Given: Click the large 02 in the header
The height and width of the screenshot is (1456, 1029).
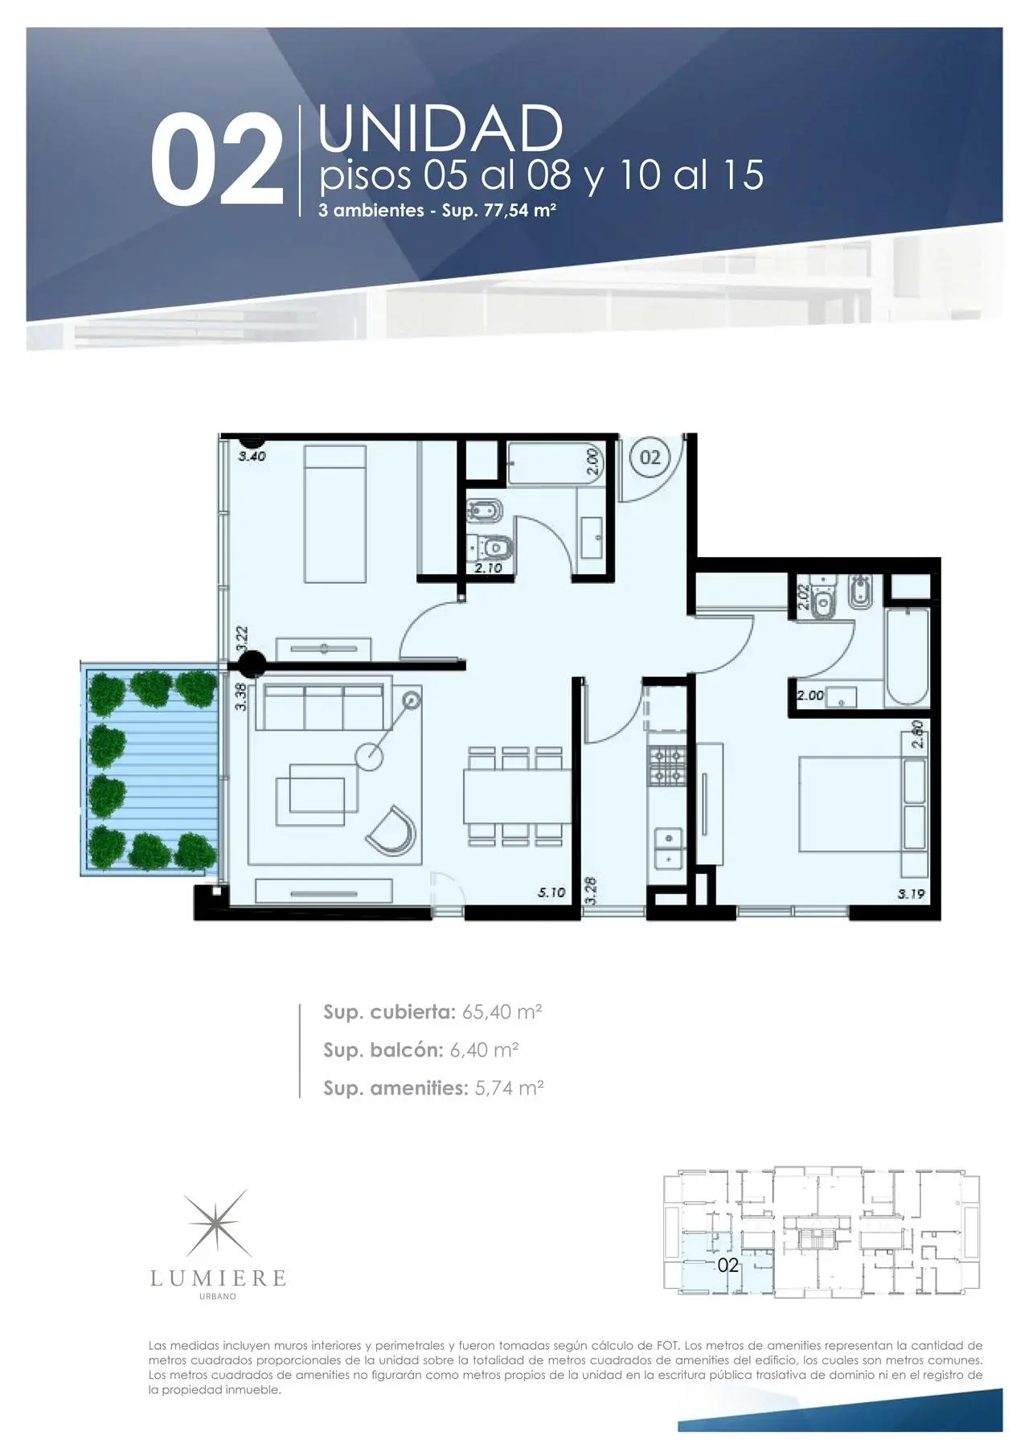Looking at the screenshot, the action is [x=218, y=160].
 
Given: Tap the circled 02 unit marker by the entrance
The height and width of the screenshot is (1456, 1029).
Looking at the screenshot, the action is [x=650, y=457].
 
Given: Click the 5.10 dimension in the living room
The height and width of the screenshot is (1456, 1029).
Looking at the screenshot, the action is [x=551, y=892].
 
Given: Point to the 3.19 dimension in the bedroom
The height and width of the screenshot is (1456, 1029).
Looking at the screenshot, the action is [x=911, y=893].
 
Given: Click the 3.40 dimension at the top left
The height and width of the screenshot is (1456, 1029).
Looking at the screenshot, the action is [x=252, y=456].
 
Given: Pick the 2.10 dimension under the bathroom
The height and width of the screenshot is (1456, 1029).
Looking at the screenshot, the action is [x=488, y=568].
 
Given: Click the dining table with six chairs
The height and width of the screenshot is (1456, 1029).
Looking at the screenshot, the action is [x=517, y=795].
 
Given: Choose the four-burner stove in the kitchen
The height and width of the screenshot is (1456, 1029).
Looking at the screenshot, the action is [x=666, y=766].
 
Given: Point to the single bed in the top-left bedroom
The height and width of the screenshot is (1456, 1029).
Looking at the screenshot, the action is [x=335, y=515].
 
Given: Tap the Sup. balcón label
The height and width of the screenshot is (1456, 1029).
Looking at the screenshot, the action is [x=383, y=1050].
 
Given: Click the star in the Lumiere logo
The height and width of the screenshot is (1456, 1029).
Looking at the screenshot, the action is [x=218, y=1224].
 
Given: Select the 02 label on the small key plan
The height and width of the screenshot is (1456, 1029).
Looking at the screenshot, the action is [x=728, y=1265].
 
